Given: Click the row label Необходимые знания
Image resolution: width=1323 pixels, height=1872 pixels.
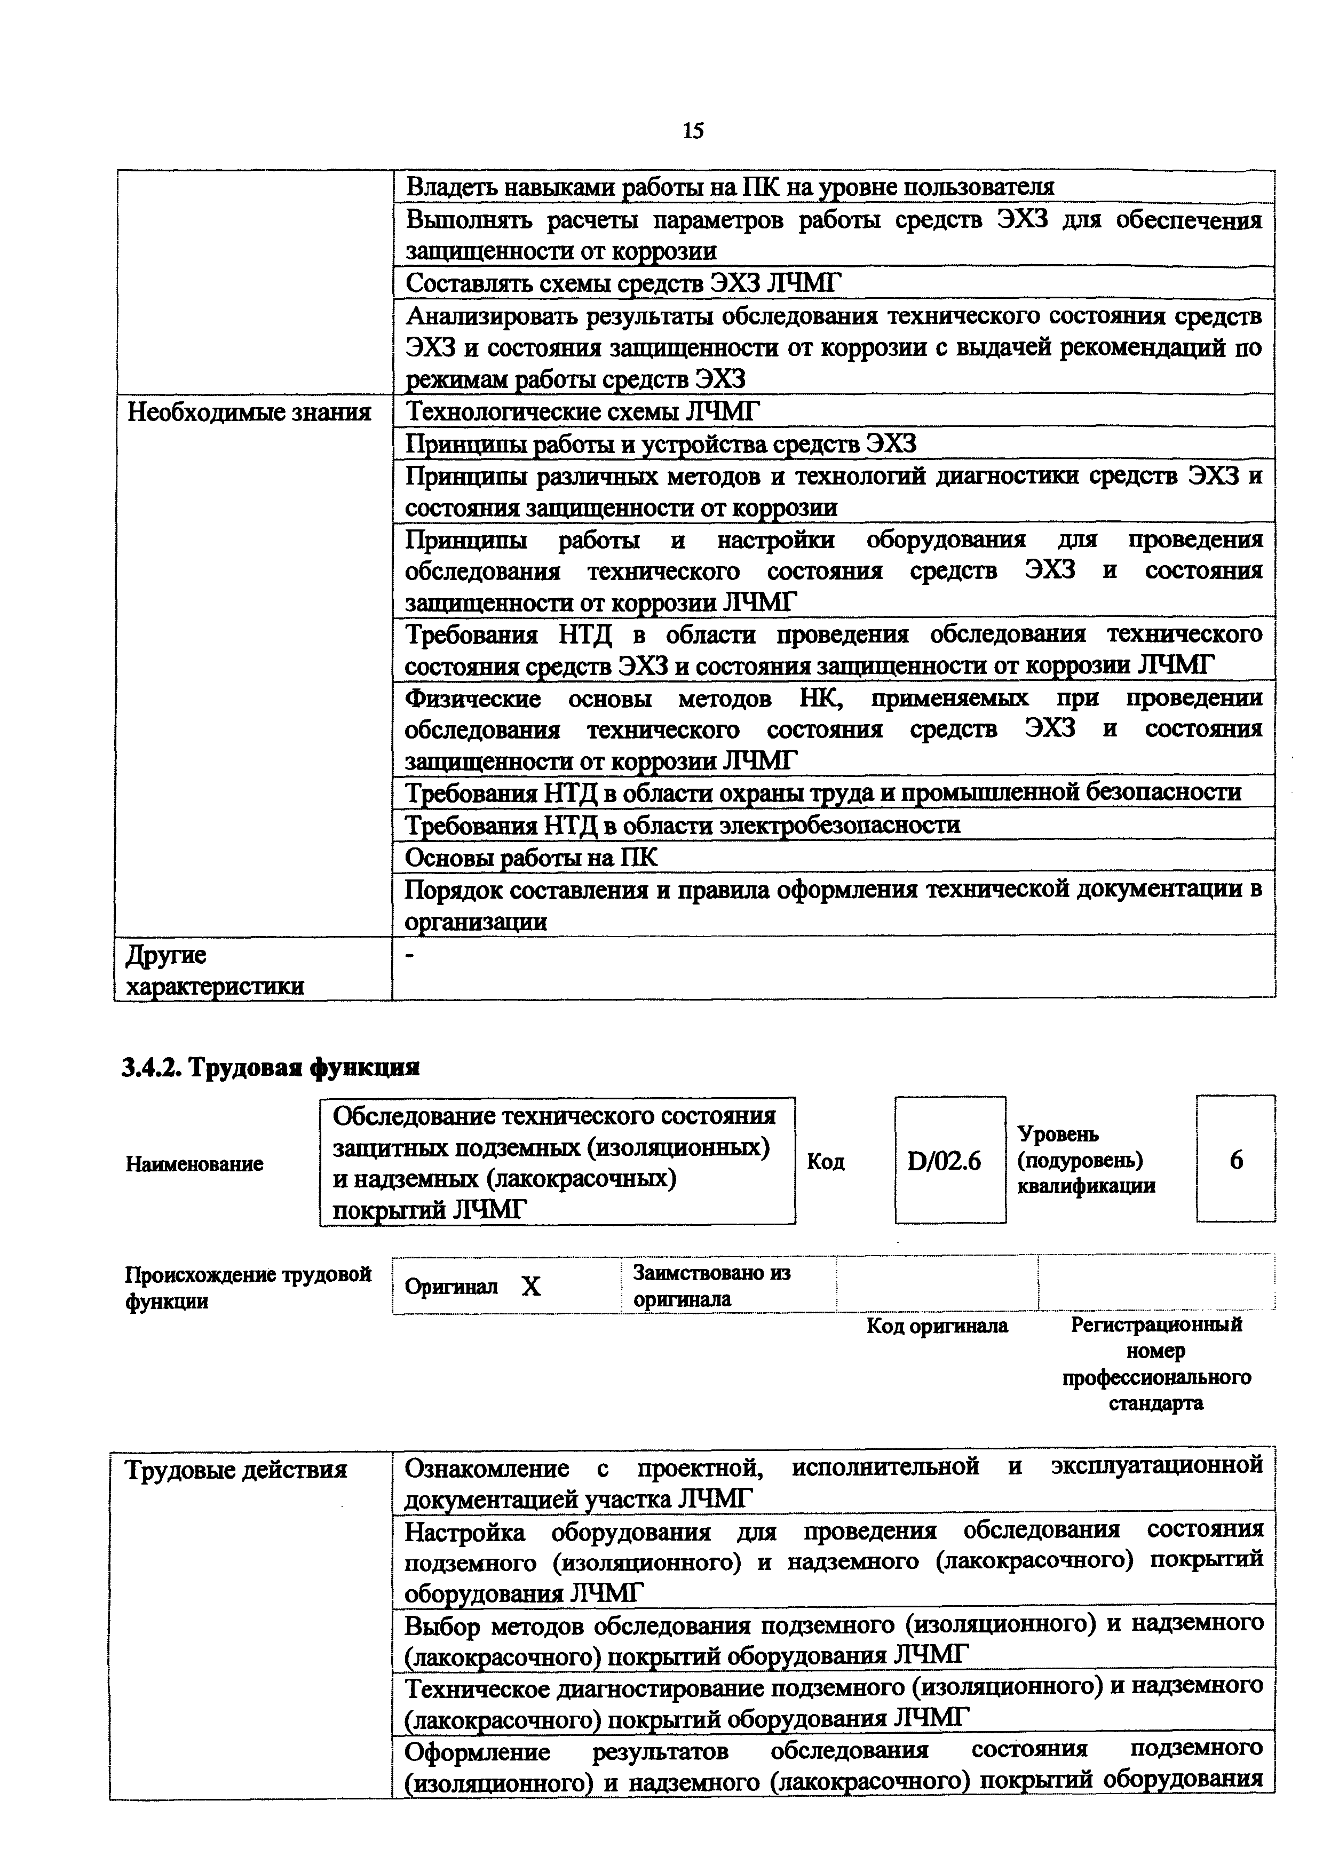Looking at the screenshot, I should pos(249,413).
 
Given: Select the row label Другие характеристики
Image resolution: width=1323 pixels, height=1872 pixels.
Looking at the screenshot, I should pos(215,970).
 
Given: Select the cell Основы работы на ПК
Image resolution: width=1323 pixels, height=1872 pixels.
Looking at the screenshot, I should pos(530,857).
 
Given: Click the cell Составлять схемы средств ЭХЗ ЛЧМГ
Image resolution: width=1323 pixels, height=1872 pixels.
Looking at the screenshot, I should pos(623,283).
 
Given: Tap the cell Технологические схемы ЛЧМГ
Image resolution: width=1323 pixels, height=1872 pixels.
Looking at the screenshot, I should pos(582,412).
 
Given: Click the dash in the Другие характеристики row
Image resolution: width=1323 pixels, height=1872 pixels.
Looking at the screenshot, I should pos(410,956).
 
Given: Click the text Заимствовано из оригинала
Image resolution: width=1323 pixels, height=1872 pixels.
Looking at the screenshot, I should pos(711,1286).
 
